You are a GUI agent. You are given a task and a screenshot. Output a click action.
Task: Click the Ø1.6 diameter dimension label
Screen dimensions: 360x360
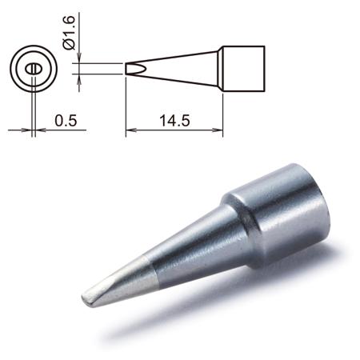tap(69, 33)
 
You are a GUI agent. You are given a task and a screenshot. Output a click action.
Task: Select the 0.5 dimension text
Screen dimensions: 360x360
tap(66, 120)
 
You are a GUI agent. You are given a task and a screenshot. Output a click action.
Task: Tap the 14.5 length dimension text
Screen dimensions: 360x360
tap(174, 120)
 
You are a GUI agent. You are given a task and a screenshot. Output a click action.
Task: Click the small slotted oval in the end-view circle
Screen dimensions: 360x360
tap(34, 69)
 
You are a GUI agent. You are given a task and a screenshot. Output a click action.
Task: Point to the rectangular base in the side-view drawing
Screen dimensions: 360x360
tap(243, 69)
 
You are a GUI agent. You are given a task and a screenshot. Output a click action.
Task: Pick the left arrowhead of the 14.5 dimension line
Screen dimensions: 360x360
tap(130, 130)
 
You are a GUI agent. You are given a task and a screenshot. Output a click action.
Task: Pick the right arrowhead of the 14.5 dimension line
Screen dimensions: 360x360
tap(218, 130)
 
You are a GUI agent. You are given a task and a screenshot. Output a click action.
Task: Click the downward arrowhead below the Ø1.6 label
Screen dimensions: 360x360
tap(79, 58)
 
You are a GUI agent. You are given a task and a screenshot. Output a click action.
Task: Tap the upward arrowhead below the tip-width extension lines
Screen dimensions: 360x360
tap(79, 79)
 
